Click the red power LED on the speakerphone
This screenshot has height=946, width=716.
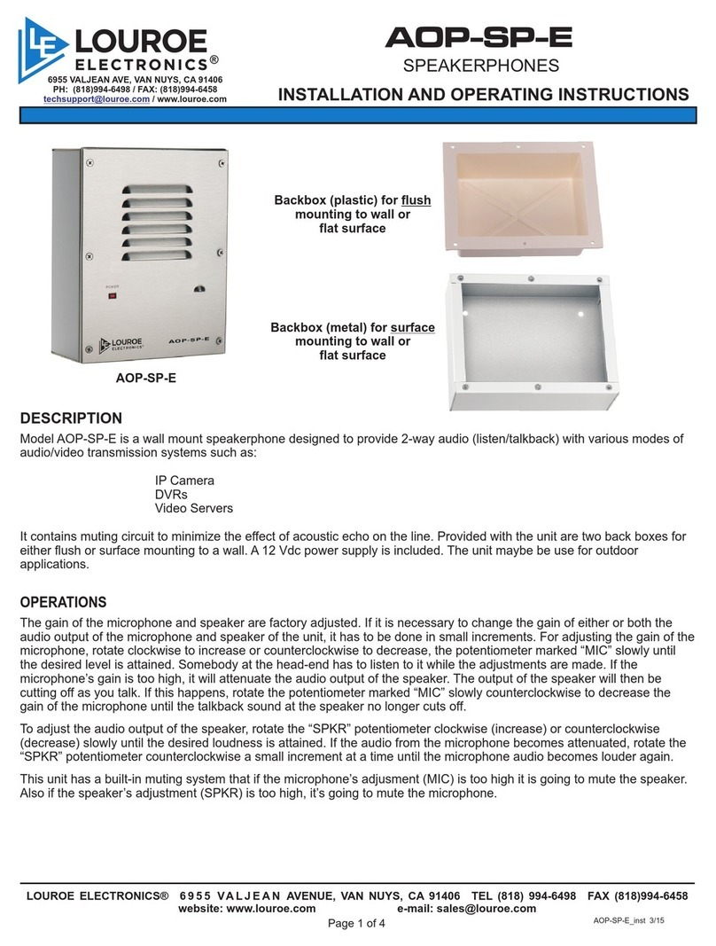tap(113, 297)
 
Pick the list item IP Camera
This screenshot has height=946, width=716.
tap(184, 481)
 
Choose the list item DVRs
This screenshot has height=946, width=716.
tap(171, 495)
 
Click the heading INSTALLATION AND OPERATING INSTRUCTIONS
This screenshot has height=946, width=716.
tap(483, 96)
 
